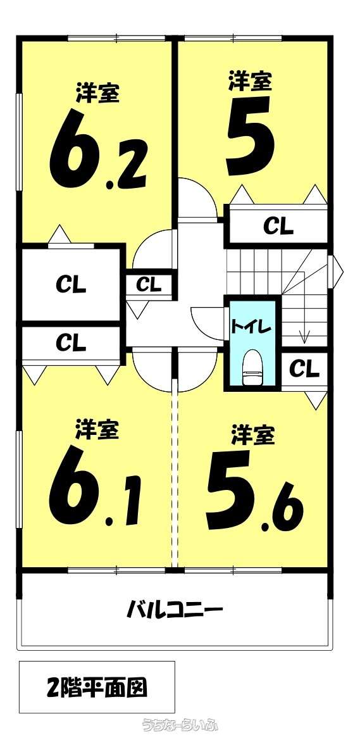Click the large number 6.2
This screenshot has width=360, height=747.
coord(98,149)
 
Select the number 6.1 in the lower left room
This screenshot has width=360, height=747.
coord(96,486)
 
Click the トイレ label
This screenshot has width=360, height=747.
coord(251,327)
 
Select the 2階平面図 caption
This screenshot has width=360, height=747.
coord(97,687)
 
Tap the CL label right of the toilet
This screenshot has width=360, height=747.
coord(305,368)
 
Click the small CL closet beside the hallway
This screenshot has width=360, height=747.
coord(149,284)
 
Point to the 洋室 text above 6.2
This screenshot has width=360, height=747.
coord(97,93)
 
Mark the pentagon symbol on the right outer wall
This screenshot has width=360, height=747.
coord(335,272)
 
